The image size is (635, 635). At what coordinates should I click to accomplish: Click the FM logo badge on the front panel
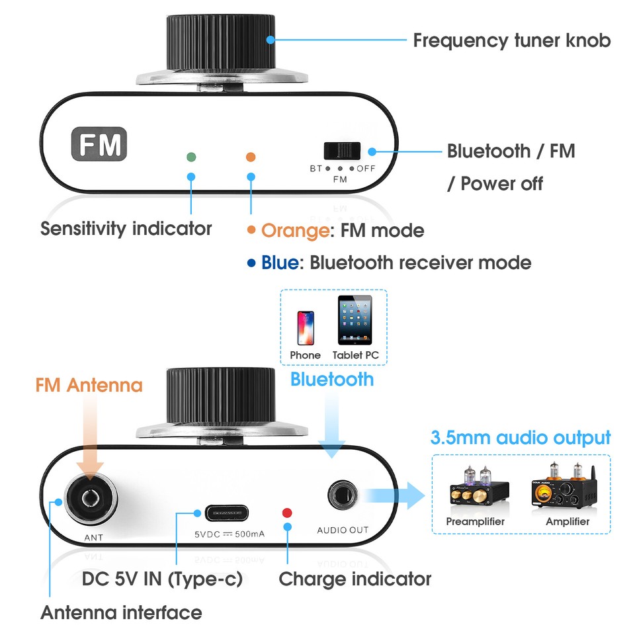point(99,144)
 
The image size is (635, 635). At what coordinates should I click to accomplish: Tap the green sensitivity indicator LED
point(191,157)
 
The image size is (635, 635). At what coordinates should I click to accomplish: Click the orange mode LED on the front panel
point(250,157)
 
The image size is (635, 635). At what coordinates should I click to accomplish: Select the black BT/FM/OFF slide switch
point(342,151)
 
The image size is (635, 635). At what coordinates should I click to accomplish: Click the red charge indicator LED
point(287,512)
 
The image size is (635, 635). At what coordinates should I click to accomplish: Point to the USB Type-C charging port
point(226,513)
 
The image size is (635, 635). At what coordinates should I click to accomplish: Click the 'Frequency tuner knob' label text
point(511,40)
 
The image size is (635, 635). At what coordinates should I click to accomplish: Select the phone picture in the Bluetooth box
point(305,327)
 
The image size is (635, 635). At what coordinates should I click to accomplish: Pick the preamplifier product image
point(474,491)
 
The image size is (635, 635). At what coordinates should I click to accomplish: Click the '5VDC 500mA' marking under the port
point(229,533)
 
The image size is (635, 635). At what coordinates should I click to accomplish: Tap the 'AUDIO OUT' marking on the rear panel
point(343,530)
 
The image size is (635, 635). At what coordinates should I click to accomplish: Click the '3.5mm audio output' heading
point(520,438)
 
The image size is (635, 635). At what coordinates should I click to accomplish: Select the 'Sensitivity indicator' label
point(126,229)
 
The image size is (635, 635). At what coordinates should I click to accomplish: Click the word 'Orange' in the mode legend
point(295,231)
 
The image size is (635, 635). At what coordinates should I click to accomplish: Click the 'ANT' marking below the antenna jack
point(93,537)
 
